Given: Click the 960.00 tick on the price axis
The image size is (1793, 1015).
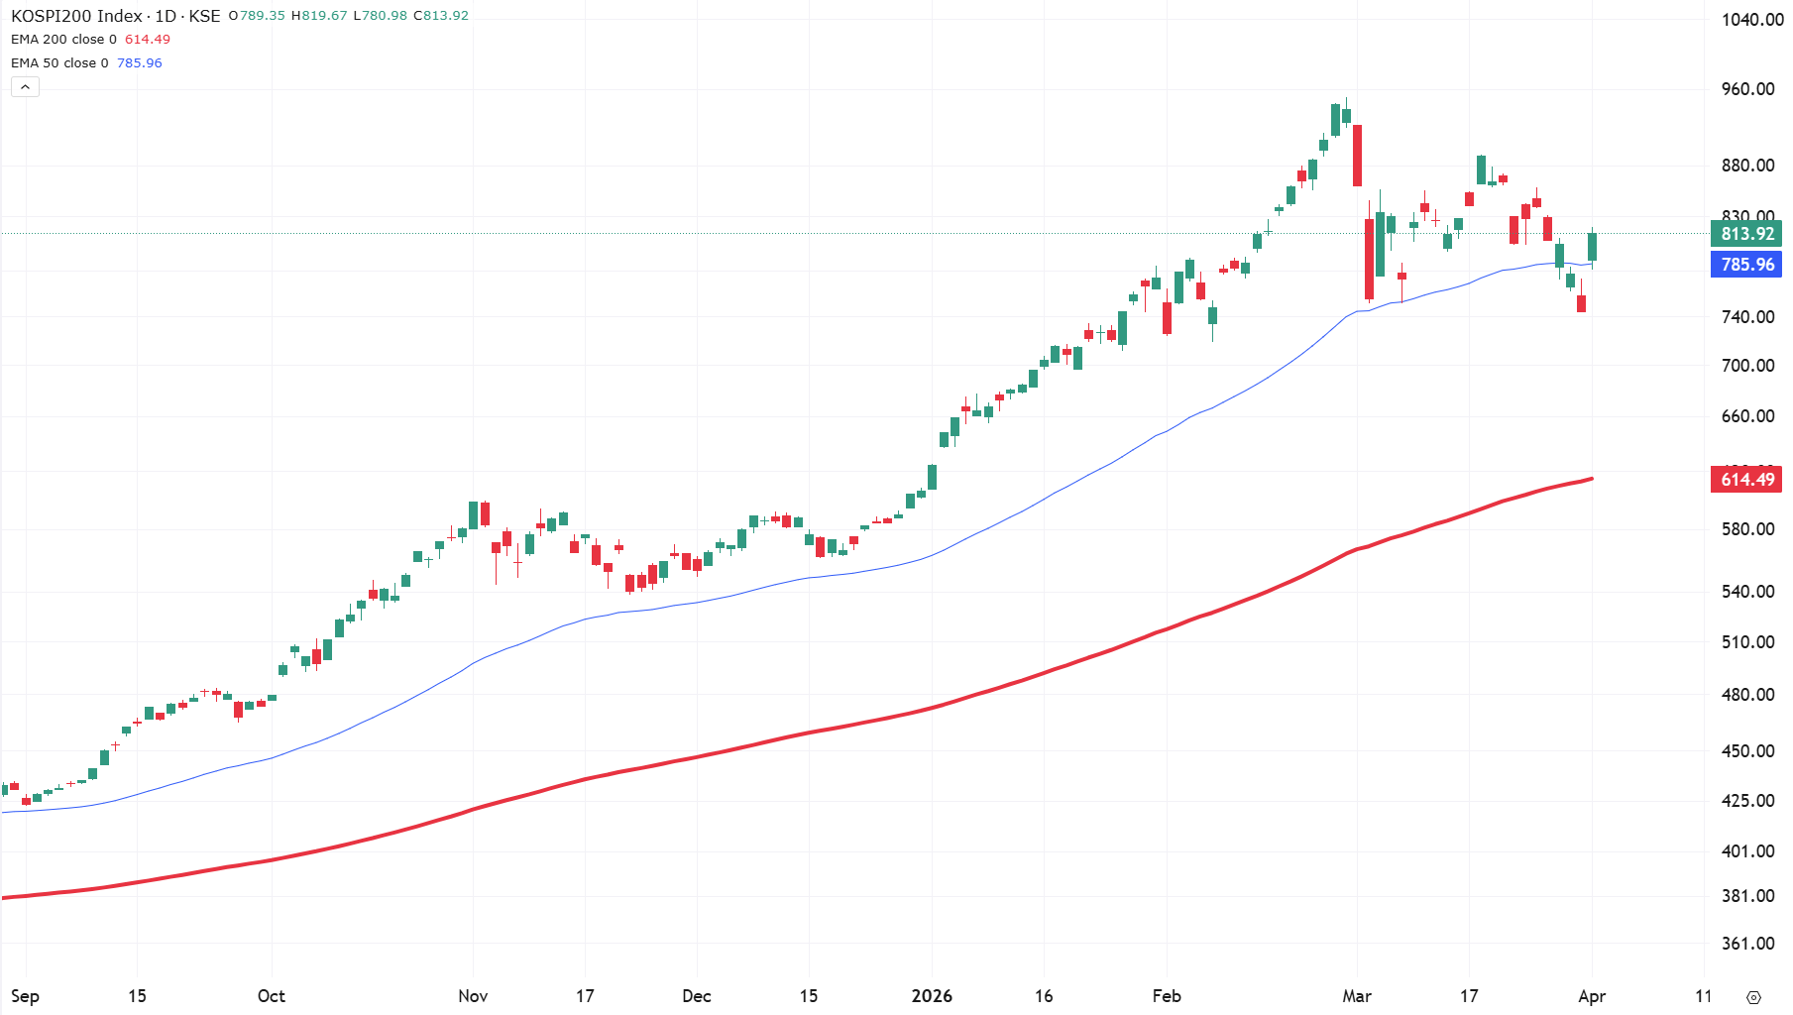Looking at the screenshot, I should [x=1747, y=89].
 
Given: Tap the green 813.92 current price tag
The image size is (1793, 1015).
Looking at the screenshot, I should [x=1746, y=234].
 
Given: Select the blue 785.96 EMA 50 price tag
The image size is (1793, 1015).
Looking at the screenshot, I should [x=1746, y=265].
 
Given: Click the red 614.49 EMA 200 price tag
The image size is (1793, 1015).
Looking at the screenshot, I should [x=1746, y=480].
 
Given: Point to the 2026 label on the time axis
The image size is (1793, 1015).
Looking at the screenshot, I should [x=932, y=996].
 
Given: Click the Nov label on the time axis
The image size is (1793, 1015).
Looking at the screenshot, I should [x=473, y=996].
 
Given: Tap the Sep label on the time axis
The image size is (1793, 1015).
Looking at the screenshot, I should [x=25, y=996].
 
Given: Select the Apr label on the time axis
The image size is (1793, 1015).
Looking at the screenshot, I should [x=1592, y=996].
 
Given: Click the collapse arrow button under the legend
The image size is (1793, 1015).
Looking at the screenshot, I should [x=25, y=87].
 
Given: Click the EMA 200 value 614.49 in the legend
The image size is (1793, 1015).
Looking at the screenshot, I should [x=148, y=40].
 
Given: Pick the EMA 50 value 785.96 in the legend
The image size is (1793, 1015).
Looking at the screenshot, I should [x=140, y=62].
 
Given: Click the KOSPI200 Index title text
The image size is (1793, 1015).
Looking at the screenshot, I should [x=76, y=16].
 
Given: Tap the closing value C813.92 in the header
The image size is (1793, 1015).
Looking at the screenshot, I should [x=441, y=16].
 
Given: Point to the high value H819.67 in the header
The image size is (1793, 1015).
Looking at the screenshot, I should [x=319, y=16].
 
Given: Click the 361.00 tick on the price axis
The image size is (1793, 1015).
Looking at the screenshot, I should [x=1747, y=944].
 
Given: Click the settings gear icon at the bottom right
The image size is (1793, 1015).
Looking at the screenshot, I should [x=1753, y=997].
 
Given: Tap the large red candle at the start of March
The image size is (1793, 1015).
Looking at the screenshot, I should [x=1357, y=156].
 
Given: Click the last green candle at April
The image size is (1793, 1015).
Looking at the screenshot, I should [x=1592, y=247].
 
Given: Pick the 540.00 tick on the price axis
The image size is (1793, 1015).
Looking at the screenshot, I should [x=1747, y=592].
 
